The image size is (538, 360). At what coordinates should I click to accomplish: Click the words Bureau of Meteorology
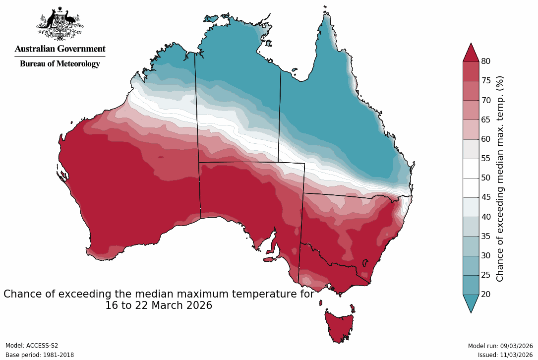[x=60, y=63]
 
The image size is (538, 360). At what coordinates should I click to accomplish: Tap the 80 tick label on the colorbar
[x=486, y=61]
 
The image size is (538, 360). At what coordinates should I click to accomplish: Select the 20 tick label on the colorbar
[x=486, y=295]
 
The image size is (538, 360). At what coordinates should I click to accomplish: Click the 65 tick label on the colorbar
[x=486, y=120]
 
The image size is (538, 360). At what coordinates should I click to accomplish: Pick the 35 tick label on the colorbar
[x=486, y=236]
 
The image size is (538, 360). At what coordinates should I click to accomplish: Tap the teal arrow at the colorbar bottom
[x=471, y=303]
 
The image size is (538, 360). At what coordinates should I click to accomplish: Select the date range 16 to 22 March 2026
[x=159, y=306]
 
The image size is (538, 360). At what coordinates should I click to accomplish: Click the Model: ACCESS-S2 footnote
[x=32, y=346]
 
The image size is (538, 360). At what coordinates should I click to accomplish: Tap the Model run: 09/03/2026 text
[x=500, y=346]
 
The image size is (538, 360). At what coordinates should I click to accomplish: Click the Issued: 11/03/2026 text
[x=505, y=355]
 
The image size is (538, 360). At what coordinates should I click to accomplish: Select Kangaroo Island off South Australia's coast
[x=270, y=259]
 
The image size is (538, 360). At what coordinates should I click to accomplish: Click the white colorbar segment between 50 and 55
[x=471, y=168]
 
